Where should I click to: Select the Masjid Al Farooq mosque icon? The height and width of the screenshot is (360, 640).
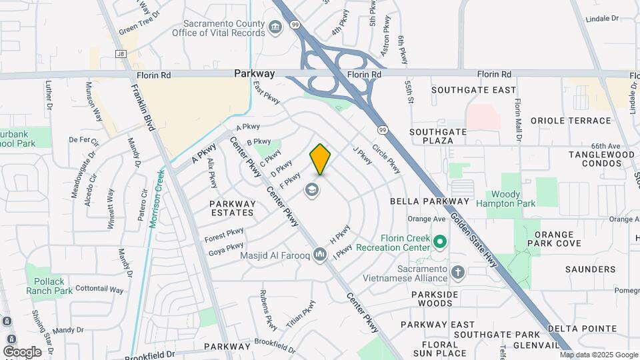319,254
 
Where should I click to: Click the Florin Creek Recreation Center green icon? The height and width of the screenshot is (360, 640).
439,241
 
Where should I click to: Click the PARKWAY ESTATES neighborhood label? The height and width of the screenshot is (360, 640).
232,208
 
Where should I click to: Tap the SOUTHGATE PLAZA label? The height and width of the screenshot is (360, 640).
438,137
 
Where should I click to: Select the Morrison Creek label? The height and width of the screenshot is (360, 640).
157,198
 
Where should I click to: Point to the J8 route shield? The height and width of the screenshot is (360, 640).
120,54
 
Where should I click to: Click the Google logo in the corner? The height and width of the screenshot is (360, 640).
23,351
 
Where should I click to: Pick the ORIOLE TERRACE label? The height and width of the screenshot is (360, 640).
570,121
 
